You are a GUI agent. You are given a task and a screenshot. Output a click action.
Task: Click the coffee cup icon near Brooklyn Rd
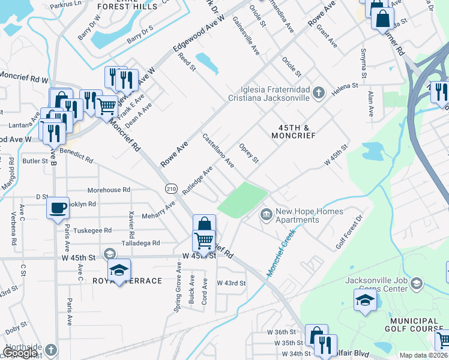58,208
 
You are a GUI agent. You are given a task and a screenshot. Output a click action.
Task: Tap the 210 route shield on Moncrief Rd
171,189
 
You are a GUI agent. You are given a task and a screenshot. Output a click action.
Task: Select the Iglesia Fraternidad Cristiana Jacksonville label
268,94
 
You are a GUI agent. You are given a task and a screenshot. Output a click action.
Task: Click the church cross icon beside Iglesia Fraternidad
319,92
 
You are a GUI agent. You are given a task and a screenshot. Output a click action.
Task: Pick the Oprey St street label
249,153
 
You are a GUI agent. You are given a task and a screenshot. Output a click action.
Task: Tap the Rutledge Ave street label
198,180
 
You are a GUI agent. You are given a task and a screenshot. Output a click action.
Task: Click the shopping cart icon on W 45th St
203,241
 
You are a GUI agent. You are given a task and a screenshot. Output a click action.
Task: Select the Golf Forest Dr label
349,233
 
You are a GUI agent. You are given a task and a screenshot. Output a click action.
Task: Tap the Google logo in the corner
20,353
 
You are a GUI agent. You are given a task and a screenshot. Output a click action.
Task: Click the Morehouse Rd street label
109,190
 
